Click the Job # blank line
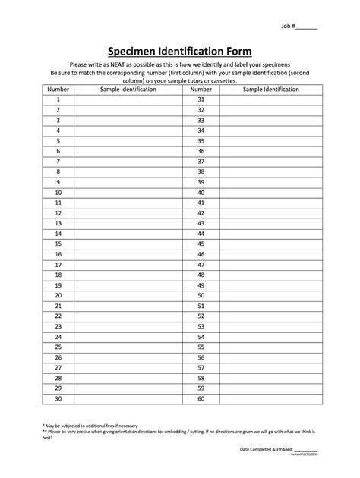coord(308,27)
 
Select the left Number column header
coord(58,89)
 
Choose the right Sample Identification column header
coord(270,89)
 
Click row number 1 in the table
coord(58,99)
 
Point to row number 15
coord(58,244)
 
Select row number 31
coord(201,99)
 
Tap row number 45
coord(201,244)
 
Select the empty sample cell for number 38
coord(270,172)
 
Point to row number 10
coord(58,193)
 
